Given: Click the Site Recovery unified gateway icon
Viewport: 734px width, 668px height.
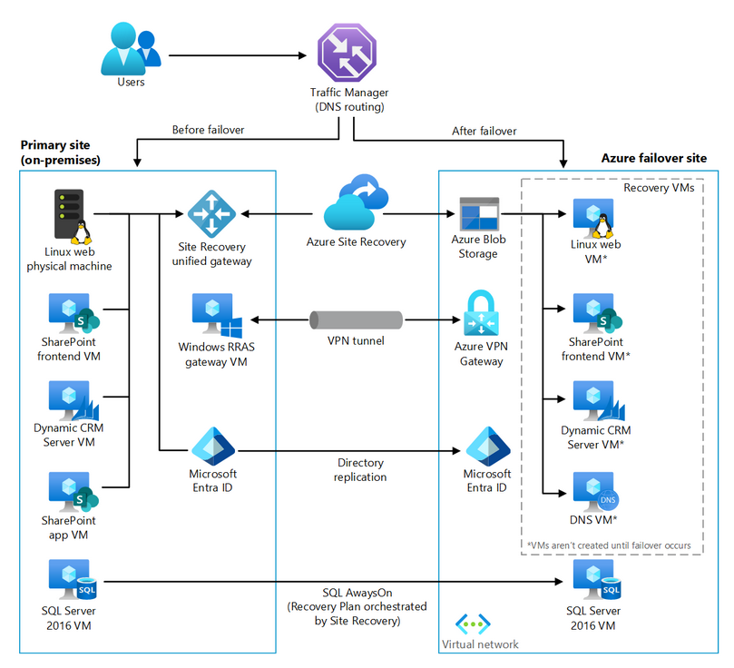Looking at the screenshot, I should (x=210, y=214).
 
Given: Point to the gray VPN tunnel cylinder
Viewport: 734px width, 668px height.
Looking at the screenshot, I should (x=356, y=320).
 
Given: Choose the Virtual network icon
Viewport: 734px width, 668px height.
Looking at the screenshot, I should (x=472, y=624).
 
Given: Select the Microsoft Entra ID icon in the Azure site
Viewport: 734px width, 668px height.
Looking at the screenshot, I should (x=486, y=446).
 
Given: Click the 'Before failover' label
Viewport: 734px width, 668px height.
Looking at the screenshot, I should (x=208, y=131).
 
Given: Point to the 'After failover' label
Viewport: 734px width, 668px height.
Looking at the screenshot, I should (x=484, y=131).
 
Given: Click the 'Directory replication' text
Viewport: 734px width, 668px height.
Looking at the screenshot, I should (x=360, y=470).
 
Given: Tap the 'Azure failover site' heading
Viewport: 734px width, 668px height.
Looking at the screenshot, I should (x=653, y=158).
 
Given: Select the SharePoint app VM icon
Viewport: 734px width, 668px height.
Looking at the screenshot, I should (x=73, y=492).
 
